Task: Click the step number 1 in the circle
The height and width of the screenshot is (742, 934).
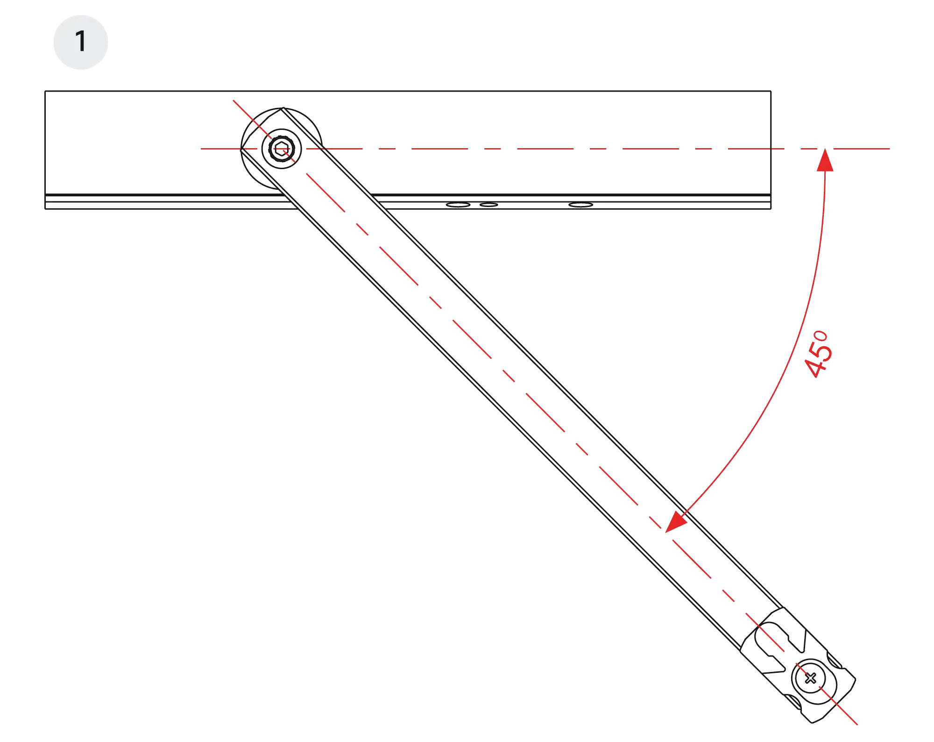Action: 80,42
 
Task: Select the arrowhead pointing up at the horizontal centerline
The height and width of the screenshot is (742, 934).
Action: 825,159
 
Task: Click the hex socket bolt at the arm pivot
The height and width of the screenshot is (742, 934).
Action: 281,149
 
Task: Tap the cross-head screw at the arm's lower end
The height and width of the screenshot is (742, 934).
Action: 810,678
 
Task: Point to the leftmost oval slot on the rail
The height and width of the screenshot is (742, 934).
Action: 458,205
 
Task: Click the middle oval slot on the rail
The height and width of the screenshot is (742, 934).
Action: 489,205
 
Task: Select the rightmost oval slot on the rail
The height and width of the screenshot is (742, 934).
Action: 581,205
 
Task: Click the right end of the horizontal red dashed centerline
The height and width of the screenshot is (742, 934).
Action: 891,148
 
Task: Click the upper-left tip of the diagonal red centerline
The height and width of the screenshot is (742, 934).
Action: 233,100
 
